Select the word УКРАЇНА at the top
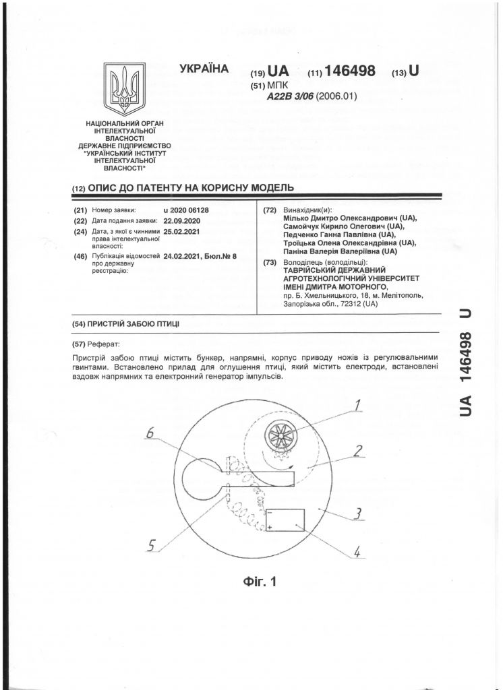click(204, 69)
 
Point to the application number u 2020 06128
click(186, 210)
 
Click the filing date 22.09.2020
click(182, 220)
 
